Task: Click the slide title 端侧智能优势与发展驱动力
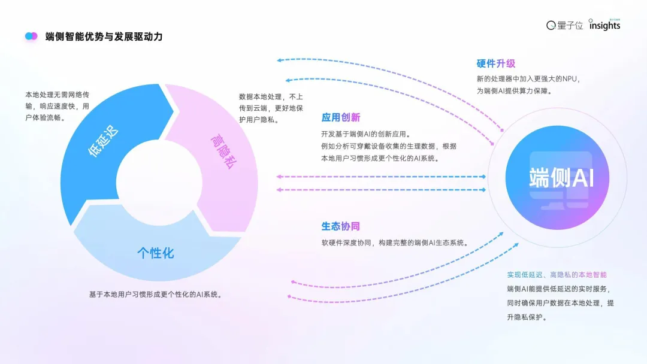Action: pyautogui.click(x=104, y=37)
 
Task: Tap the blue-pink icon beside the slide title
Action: pyautogui.click(x=31, y=37)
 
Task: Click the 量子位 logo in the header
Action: pyautogui.click(x=564, y=25)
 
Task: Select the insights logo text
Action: pyautogui.click(x=604, y=26)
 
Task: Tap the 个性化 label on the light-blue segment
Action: pyautogui.click(x=155, y=253)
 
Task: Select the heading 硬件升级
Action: pyautogui.click(x=496, y=63)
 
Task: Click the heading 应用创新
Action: pyautogui.click(x=341, y=117)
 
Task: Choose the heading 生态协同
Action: pyautogui.click(x=341, y=226)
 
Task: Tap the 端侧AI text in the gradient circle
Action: pyautogui.click(x=561, y=178)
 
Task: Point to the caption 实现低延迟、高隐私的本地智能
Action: pyautogui.click(x=557, y=275)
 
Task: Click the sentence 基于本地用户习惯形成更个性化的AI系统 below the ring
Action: pyautogui.click(x=156, y=295)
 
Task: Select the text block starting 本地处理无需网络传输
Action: pyautogui.click(x=57, y=106)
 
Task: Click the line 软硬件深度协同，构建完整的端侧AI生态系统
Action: pyautogui.click(x=395, y=243)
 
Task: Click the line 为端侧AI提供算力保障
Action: pyautogui.click(x=513, y=91)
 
